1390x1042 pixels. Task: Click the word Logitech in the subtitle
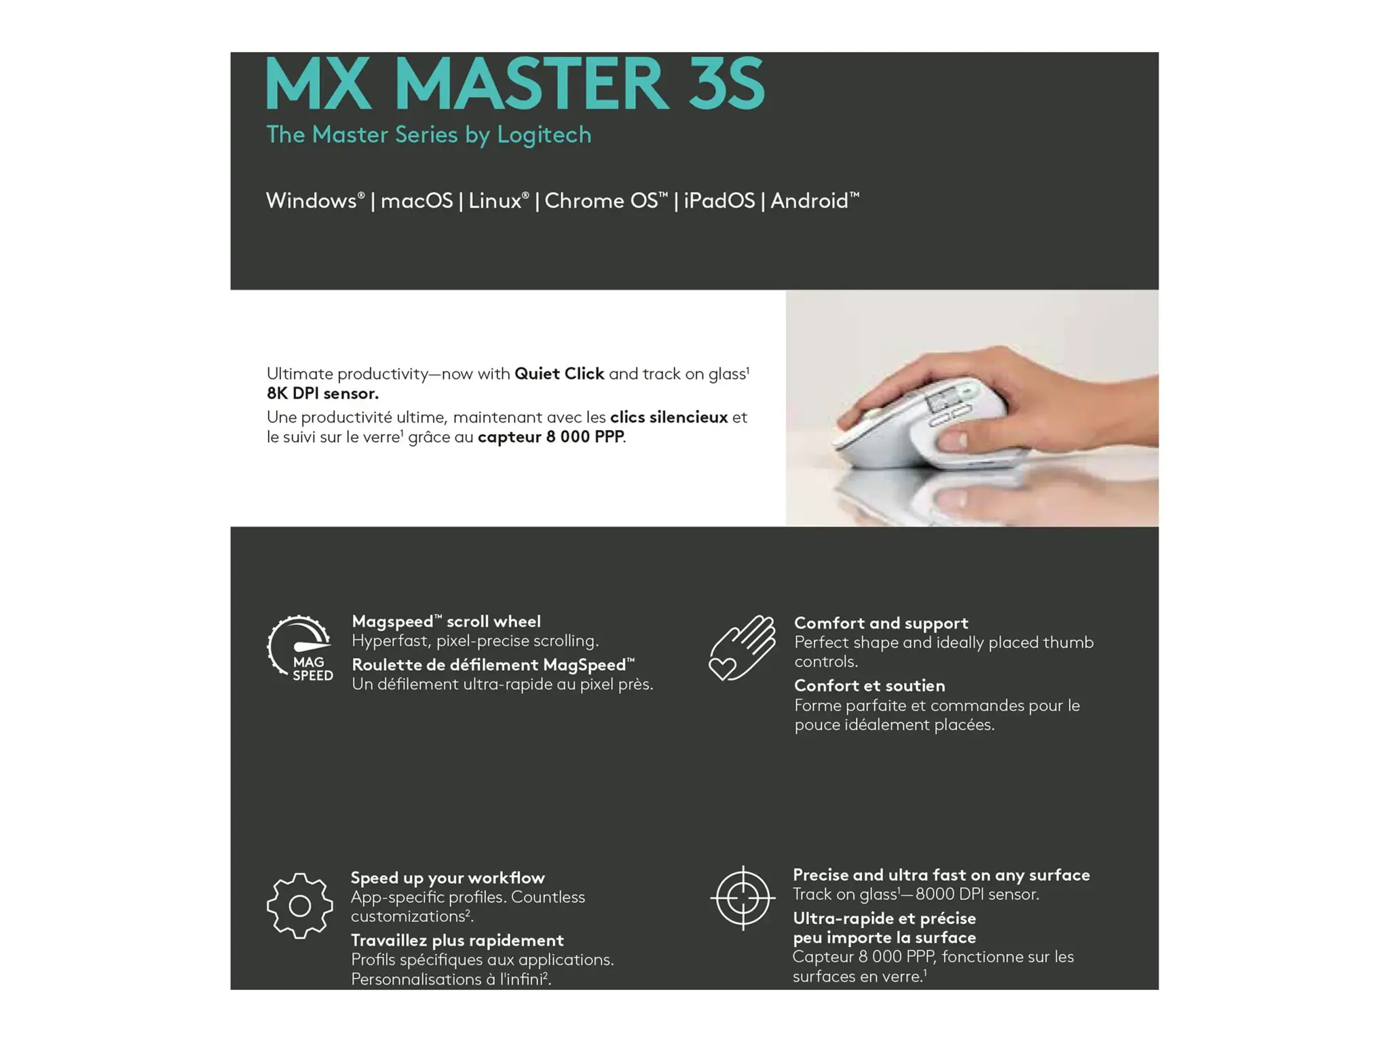544,135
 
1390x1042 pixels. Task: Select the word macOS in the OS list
416,201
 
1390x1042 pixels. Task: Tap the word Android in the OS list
809,201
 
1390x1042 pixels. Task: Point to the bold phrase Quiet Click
559,374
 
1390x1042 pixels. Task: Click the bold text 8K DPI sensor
322,393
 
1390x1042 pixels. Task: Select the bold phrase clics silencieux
669,417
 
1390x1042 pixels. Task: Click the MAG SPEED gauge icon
299,648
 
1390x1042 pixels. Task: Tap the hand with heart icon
742,648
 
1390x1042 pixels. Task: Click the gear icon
299,906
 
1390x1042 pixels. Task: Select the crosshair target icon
743,898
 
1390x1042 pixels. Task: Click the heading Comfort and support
881,623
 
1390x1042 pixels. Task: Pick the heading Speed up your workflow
447,878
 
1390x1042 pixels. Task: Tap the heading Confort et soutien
869,686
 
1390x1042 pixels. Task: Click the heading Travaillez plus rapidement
457,940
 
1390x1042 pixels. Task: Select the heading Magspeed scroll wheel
446,621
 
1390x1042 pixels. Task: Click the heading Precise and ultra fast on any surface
941,875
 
